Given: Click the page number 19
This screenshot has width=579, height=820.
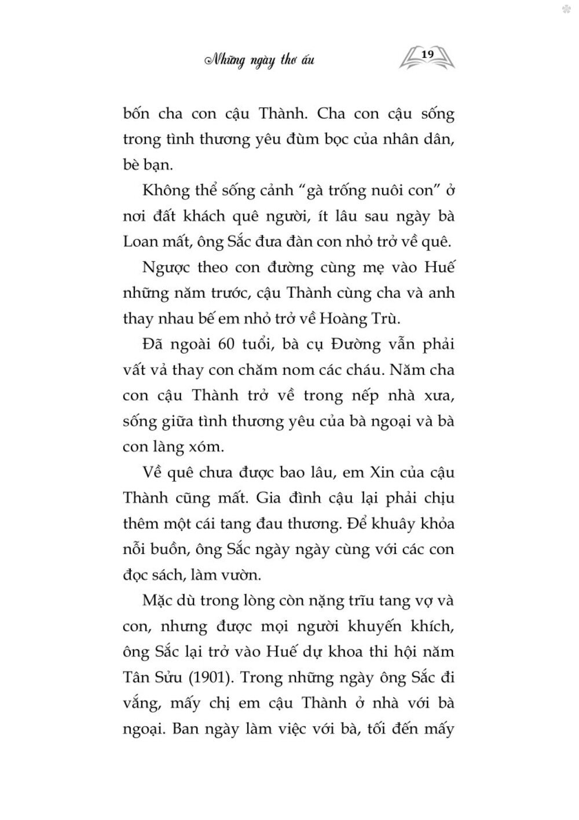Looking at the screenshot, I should (x=428, y=54).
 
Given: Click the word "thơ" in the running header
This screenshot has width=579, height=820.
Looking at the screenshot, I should (x=288, y=60).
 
